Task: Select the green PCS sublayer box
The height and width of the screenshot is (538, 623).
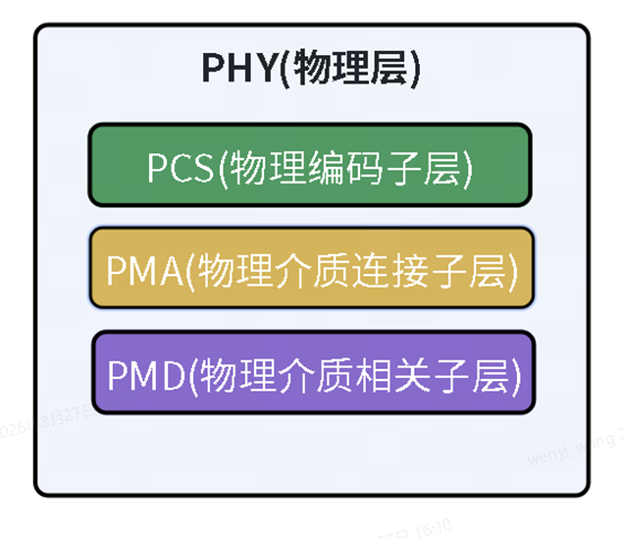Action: point(310,164)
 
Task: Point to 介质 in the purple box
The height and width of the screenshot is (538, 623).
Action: point(308,374)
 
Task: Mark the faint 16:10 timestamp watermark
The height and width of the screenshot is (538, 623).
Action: point(433,525)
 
